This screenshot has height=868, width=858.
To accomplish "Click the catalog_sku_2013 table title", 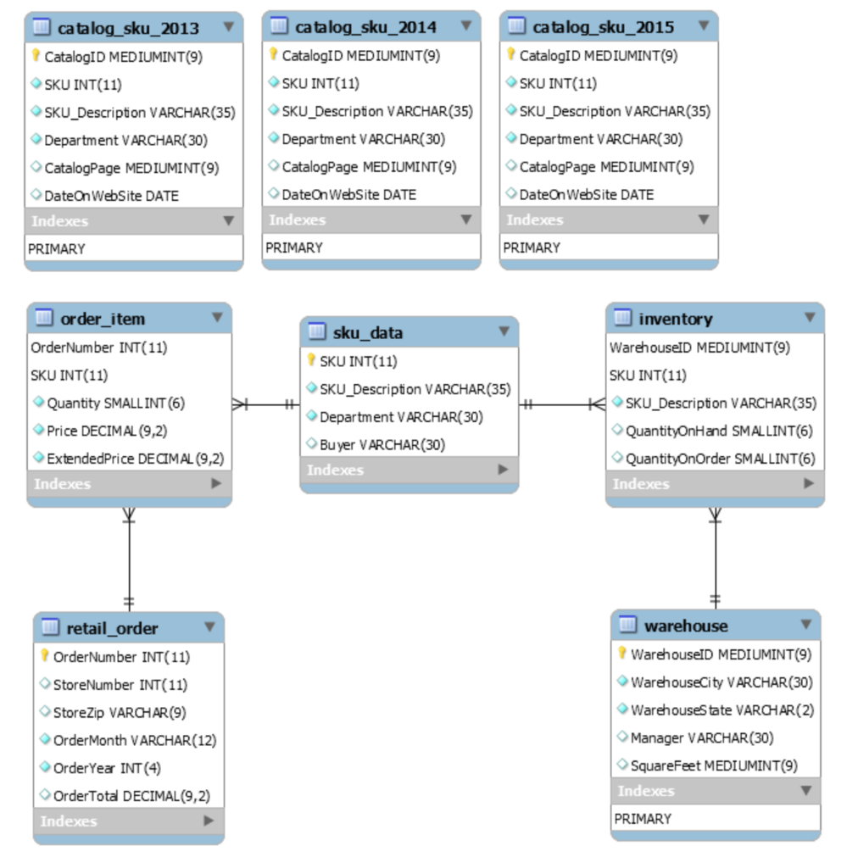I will point(128,28).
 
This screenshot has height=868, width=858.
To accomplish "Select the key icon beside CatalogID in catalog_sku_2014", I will point(274,55).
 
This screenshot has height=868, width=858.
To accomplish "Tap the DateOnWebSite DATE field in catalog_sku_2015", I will point(586,194).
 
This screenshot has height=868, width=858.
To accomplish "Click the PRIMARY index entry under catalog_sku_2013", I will point(57,249).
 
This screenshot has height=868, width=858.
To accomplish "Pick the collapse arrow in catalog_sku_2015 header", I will point(703,26).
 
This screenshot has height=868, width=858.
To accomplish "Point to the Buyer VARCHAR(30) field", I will point(382,444).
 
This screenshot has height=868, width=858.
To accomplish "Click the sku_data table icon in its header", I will point(317,331).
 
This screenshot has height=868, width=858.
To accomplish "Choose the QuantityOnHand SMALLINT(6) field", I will point(718,431).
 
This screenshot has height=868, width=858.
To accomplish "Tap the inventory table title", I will point(675,319).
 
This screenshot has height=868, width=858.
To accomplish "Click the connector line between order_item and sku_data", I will point(266,404).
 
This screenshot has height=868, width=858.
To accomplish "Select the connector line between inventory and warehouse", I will point(715,559).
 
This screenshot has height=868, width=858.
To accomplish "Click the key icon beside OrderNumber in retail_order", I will point(46,655).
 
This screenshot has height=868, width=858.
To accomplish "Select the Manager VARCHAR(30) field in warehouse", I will point(701,737).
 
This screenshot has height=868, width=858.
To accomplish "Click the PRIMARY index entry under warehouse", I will point(643,819).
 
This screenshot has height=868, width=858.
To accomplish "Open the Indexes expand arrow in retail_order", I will point(209,821).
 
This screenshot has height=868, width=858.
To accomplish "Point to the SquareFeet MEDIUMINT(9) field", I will point(713,765).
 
